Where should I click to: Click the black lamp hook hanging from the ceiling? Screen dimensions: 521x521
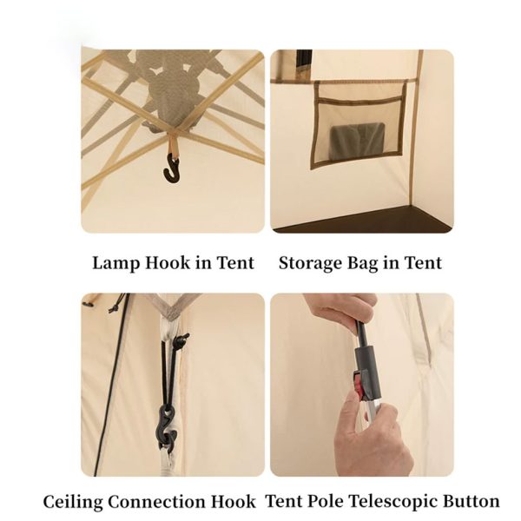pos(171,170)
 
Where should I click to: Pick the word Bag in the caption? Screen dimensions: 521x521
pos(363,263)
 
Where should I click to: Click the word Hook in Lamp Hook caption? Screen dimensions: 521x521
pos(167,263)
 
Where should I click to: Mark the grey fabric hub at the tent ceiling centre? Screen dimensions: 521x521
pos(170,86)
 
